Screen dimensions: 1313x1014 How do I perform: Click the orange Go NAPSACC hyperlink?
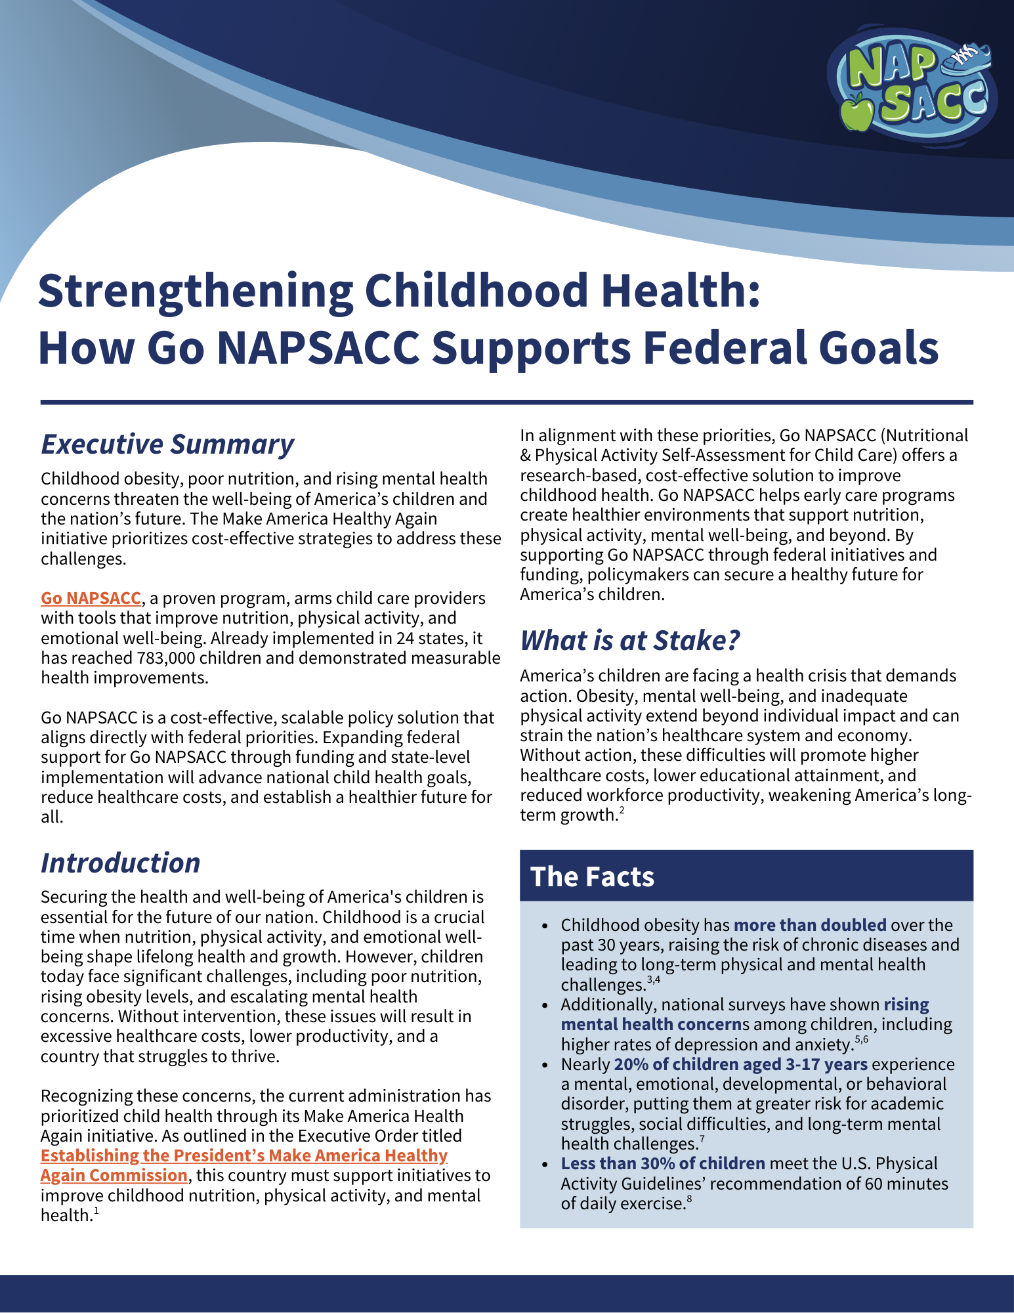click(x=91, y=598)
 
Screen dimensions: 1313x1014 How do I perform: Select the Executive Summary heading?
click(x=167, y=444)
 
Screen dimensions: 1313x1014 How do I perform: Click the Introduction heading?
click(x=120, y=863)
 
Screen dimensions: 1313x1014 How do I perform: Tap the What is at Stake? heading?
click(x=629, y=640)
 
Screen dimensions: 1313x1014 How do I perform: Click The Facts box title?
click(x=592, y=876)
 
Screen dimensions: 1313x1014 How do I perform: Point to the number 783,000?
click(x=167, y=658)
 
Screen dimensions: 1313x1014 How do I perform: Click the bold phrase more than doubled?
click(x=810, y=925)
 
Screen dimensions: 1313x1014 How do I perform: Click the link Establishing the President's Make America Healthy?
click(x=243, y=1155)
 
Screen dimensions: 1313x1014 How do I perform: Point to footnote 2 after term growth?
click(x=622, y=811)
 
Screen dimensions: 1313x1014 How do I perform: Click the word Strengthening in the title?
click(x=195, y=291)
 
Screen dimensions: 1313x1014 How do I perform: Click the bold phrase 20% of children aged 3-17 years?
click(x=740, y=1064)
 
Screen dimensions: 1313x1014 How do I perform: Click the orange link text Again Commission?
click(x=114, y=1175)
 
